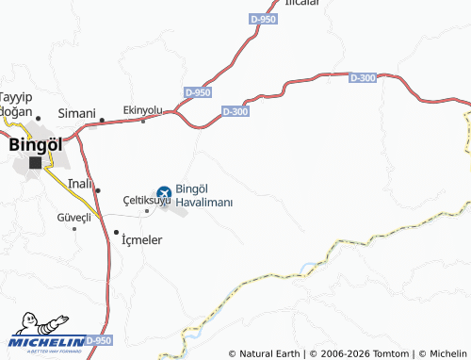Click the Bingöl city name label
[x=35, y=145]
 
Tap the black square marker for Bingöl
[x=35, y=162]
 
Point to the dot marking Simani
[x=102, y=120]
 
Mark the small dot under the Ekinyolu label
[x=143, y=121]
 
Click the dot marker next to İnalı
[x=98, y=190]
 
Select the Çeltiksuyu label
[x=146, y=201]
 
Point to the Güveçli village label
[x=73, y=218]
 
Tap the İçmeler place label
[x=142, y=239]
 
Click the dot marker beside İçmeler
[x=117, y=232]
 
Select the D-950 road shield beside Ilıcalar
[x=265, y=18]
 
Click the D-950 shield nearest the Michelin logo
[x=97, y=339]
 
